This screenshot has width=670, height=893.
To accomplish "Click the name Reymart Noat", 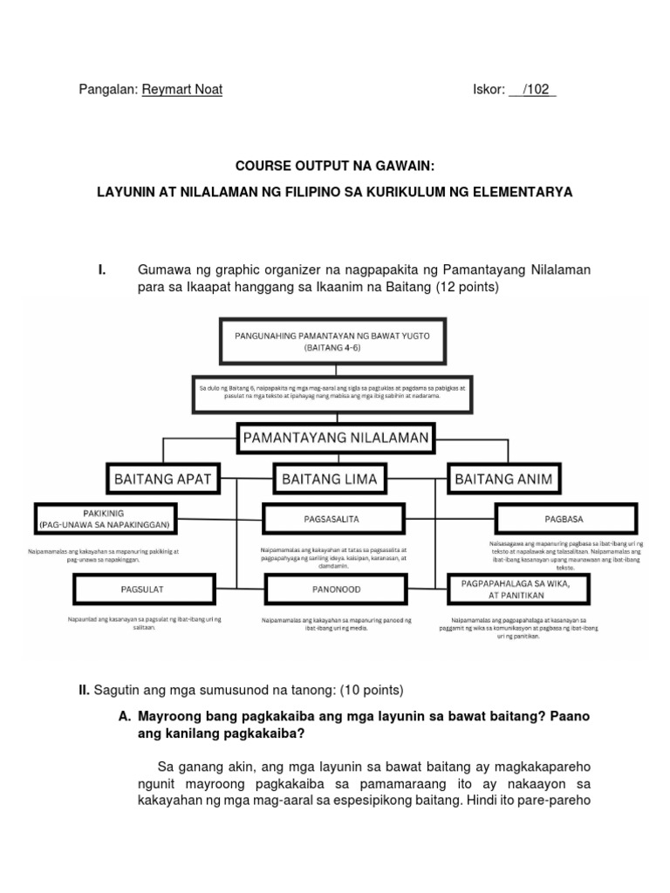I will (181, 90).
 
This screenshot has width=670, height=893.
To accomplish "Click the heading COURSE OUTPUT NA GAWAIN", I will (335, 165).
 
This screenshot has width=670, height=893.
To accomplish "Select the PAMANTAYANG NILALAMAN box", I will (335, 439).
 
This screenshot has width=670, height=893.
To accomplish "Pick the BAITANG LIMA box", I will (335, 477).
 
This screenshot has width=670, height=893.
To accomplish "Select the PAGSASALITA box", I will (335, 519).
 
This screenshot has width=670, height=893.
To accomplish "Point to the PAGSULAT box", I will (141, 590).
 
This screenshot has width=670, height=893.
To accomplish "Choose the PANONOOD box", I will (335, 590).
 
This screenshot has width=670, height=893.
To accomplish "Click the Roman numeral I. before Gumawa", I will (102, 270).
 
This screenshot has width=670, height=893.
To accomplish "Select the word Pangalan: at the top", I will (107, 90).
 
